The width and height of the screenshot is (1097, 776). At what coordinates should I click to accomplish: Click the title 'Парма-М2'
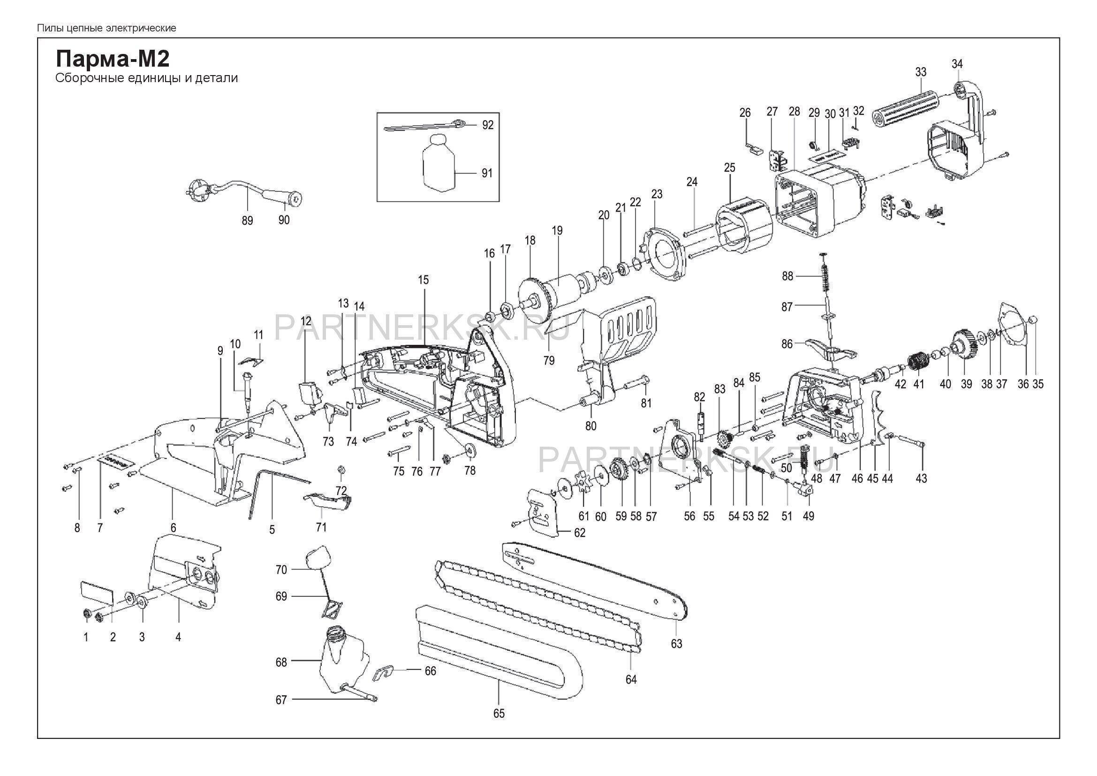(x=113, y=60)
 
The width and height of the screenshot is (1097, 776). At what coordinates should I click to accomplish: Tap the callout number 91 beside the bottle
(x=487, y=173)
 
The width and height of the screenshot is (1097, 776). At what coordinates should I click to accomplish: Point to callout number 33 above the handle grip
(x=921, y=72)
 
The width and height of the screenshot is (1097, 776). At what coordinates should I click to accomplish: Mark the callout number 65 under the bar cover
(x=499, y=727)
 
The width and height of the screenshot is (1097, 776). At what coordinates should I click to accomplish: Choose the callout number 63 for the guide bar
(x=676, y=643)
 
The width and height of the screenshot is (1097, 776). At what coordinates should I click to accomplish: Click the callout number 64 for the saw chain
(x=631, y=679)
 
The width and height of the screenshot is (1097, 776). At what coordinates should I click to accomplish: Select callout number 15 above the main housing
(x=424, y=280)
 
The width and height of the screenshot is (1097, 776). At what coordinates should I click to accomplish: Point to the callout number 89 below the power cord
(x=247, y=221)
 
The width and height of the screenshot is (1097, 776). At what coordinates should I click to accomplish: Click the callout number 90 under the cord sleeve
(x=284, y=221)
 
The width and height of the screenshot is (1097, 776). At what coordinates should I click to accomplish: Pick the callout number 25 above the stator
(x=730, y=167)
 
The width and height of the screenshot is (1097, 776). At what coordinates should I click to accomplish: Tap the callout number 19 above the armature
(x=557, y=230)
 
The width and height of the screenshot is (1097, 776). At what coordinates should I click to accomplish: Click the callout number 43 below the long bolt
(x=921, y=478)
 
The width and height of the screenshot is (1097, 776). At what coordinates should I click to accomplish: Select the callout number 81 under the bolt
(x=646, y=403)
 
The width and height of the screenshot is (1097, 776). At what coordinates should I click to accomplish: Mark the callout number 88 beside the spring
(x=787, y=276)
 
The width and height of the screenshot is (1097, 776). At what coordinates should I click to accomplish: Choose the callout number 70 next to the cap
(x=281, y=569)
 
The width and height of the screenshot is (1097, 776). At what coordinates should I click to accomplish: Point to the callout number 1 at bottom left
(x=86, y=637)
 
